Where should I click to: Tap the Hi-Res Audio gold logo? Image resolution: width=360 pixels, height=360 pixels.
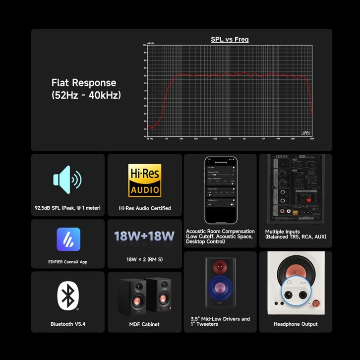(145, 180)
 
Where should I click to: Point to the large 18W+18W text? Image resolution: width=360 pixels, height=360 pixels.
(144, 236)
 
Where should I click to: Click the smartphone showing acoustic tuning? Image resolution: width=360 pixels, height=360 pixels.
(221, 190)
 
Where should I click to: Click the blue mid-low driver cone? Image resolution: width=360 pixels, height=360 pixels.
(220, 288)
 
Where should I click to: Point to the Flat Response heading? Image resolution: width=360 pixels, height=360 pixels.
(84, 83)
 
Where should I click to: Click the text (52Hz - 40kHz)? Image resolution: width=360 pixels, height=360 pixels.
(86, 95)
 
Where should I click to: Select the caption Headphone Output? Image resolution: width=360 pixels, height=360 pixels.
(296, 324)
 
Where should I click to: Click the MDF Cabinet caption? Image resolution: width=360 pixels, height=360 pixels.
(144, 324)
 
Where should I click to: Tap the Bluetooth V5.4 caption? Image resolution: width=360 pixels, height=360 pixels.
(68, 324)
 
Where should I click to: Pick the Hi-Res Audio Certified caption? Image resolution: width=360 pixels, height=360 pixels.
(145, 208)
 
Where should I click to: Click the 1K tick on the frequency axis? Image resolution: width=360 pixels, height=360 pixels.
(230, 139)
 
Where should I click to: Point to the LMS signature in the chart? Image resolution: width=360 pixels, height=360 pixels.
(306, 133)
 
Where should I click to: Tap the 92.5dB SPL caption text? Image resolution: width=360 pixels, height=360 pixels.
(68, 208)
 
